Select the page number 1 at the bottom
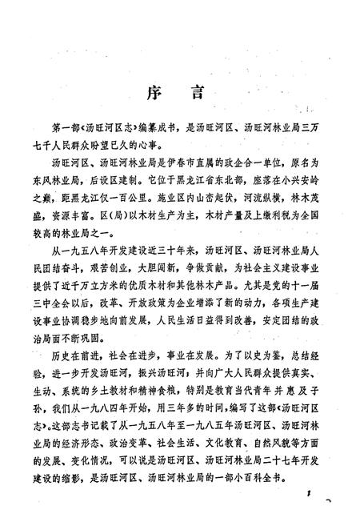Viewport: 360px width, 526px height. coord(306,497)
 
